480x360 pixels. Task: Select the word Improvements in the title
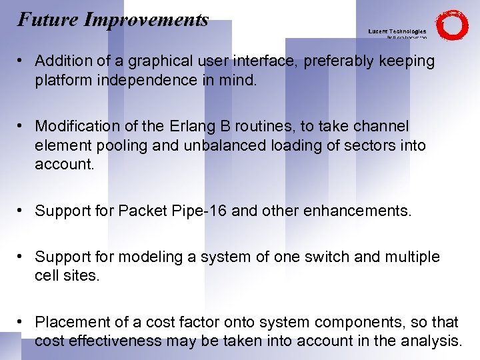(x=147, y=20)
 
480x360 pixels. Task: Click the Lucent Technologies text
(x=397, y=31)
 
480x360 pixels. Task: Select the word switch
(x=322, y=257)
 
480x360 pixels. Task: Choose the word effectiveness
(x=114, y=341)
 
